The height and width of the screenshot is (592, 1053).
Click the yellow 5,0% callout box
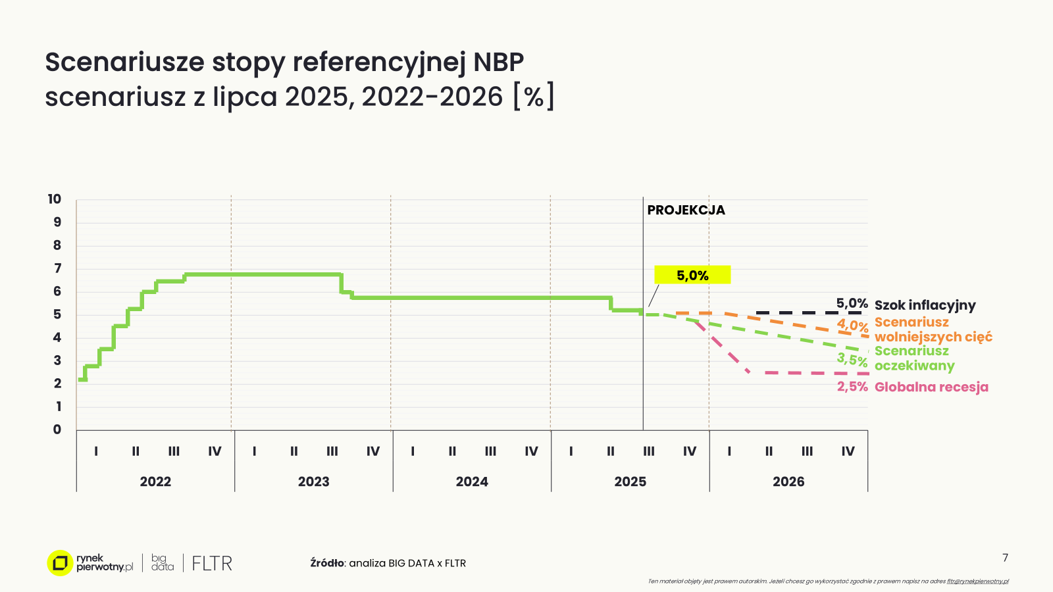coord(692,275)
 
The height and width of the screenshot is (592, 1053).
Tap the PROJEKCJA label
coord(686,210)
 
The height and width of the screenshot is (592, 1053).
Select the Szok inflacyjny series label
coord(925,305)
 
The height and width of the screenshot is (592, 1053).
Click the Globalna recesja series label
coord(931,387)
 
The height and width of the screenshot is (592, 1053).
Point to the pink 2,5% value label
coord(852,387)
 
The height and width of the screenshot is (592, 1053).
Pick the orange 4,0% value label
coord(852,326)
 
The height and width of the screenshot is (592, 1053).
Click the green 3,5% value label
coord(852,360)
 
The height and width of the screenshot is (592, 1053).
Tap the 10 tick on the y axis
coord(54,199)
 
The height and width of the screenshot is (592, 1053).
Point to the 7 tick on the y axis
coord(57,268)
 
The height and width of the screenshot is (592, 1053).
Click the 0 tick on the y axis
coord(57,430)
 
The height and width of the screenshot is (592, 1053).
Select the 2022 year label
coord(155,481)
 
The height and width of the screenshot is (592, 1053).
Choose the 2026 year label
coord(788,481)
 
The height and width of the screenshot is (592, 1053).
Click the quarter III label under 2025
coord(649,451)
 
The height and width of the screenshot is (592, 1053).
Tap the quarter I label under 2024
coord(413,451)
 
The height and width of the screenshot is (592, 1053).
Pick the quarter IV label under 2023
coord(373,451)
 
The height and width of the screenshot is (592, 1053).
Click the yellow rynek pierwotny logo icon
coord(60,563)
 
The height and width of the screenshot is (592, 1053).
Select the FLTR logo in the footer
coord(212,563)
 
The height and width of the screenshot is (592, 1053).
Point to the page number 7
coord(1005,558)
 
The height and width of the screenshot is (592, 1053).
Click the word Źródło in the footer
coord(327,563)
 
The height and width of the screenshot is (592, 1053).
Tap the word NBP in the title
coord(498,62)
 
